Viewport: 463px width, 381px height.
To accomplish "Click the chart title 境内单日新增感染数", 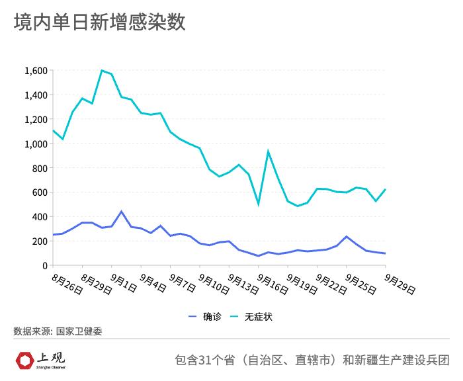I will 99,22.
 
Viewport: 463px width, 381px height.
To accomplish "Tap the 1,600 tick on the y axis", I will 35,71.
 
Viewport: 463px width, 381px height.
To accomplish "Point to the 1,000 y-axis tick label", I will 35,144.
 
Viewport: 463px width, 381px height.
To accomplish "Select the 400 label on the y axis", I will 39,217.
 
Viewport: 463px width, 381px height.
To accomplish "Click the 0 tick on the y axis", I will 44,265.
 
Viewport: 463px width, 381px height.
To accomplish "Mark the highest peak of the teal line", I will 102,70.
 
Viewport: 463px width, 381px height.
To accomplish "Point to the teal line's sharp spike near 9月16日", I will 268,151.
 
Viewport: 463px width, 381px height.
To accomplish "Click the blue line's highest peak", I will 121,212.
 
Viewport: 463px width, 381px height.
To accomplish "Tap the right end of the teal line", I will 385,190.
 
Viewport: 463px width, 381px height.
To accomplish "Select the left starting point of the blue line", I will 53,235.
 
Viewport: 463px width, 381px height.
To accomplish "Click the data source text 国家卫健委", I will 79,331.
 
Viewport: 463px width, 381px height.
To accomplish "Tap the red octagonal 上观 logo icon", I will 24,360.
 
